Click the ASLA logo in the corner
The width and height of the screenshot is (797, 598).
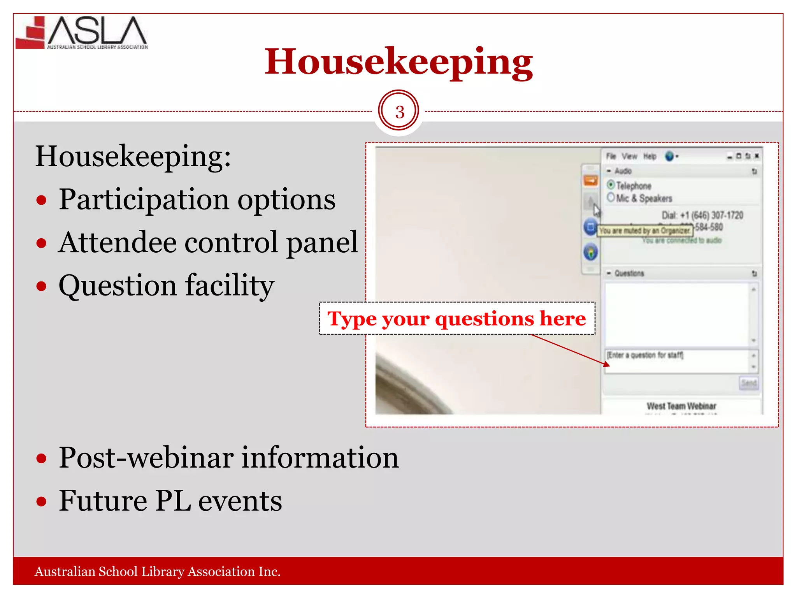(x=82, y=33)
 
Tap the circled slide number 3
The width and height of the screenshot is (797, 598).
(x=399, y=112)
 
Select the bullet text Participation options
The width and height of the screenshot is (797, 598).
(x=197, y=199)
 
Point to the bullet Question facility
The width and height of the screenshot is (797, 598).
(x=166, y=285)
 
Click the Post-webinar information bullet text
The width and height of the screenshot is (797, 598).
(x=228, y=457)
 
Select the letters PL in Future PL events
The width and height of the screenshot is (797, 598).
(x=173, y=501)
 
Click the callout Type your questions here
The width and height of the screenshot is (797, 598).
(x=456, y=318)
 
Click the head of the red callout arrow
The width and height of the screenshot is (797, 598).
(x=607, y=365)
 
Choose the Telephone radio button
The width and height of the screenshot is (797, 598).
(x=611, y=185)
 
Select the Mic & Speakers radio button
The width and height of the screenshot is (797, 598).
(x=611, y=197)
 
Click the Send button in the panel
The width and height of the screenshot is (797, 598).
(x=748, y=383)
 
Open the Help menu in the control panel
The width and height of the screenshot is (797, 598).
(x=650, y=157)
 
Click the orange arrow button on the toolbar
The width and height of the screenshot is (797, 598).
(x=590, y=181)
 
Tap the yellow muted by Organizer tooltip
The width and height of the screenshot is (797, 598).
(x=645, y=231)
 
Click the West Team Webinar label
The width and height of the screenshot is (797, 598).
(x=681, y=406)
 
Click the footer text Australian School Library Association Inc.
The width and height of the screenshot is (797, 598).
(x=157, y=571)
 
